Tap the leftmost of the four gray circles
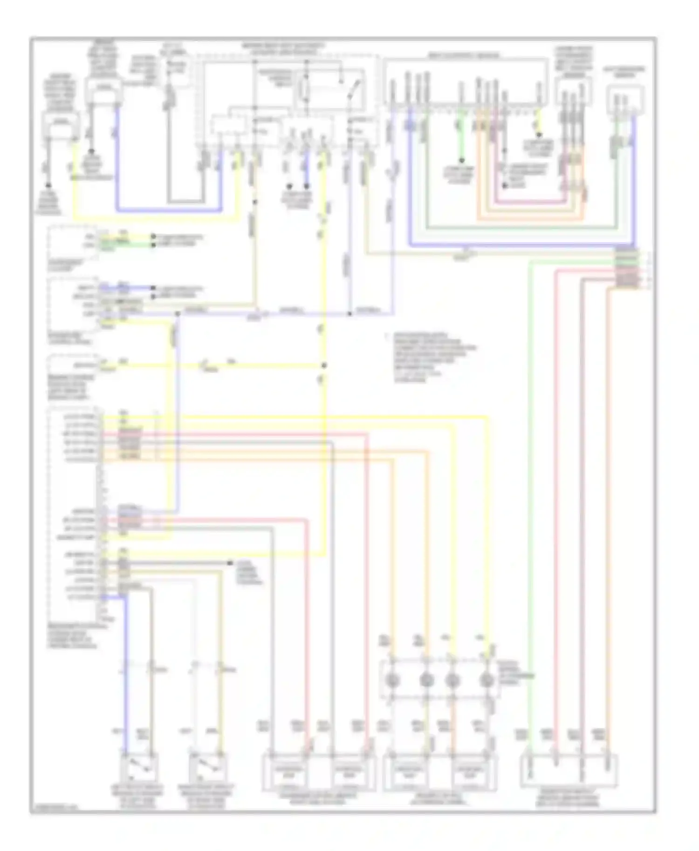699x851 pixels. point(392,681)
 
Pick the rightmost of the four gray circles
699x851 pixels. point(487,681)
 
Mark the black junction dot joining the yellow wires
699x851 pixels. point(324,365)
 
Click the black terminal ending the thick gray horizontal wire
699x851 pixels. point(230,563)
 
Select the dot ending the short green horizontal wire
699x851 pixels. point(153,244)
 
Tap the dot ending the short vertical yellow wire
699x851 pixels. point(539,135)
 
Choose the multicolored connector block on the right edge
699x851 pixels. point(627,269)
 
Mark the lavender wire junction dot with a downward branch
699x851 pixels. point(178,314)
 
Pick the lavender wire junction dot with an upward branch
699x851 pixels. point(350,314)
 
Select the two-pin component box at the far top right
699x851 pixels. point(625,98)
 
